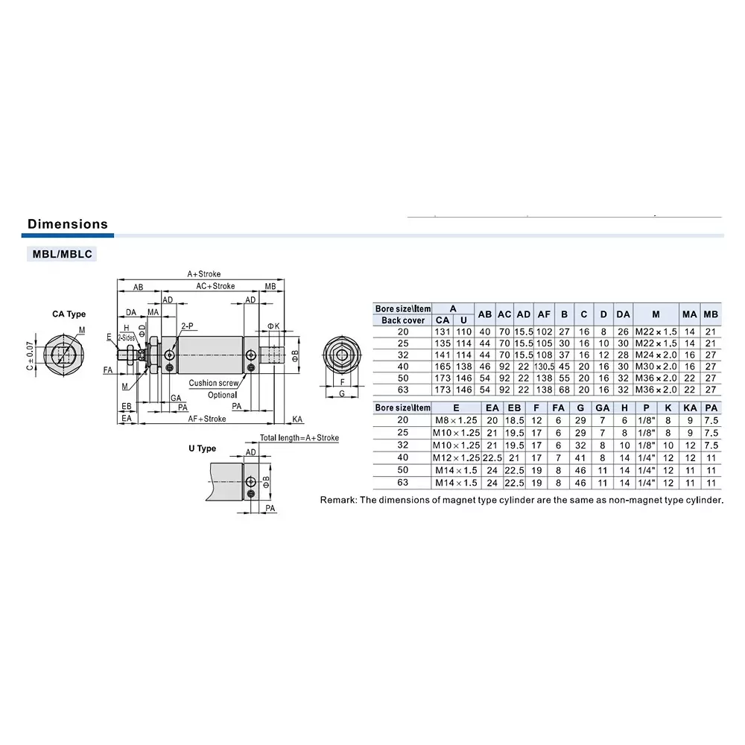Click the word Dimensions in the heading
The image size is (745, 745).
coord(67,224)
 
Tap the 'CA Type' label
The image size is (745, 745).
coord(69,314)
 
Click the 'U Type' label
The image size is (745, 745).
coord(202,448)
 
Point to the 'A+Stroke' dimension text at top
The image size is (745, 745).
coord(203,274)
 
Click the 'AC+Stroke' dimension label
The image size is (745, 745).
coord(215,286)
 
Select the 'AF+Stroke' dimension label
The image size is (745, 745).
coord(207,419)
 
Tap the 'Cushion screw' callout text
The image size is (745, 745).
coord(213,383)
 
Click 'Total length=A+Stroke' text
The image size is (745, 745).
coord(299,438)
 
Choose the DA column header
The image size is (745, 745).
coord(624,314)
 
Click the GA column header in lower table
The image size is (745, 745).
coord(602,408)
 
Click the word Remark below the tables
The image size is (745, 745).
coord(338,500)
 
